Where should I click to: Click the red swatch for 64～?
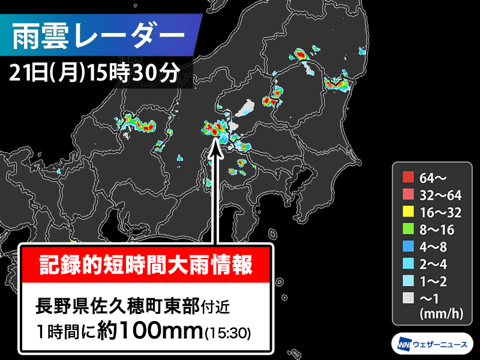click(409, 177)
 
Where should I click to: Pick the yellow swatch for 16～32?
click(409, 211)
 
